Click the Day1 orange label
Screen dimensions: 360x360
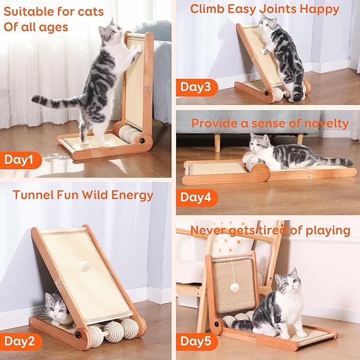(19, 159)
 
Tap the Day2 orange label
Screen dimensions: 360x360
(19, 340)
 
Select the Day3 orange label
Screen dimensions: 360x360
(195, 87)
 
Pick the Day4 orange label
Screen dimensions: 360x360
(195, 198)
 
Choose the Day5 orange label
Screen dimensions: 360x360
(195, 341)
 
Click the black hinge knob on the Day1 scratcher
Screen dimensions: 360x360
(142, 142)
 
